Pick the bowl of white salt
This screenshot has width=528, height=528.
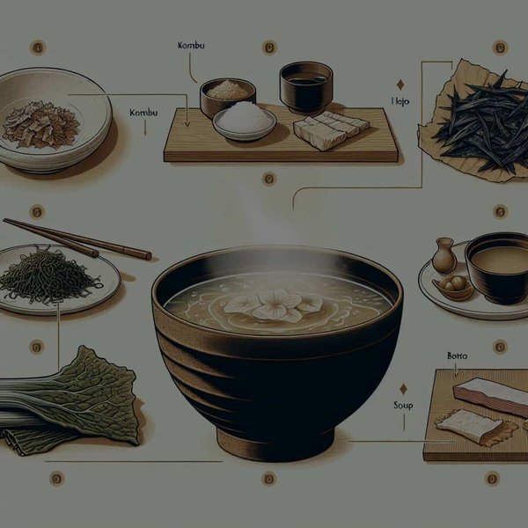click(x=244, y=119)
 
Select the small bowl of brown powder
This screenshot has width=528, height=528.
click(x=228, y=92)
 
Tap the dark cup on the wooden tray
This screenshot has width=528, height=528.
click(x=305, y=84)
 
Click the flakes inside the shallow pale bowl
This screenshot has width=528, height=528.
click(x=40, y=123)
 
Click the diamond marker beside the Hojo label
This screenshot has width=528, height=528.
click(x=401, y=85)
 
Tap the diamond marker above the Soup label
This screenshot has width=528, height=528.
click(x=402, y=388)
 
